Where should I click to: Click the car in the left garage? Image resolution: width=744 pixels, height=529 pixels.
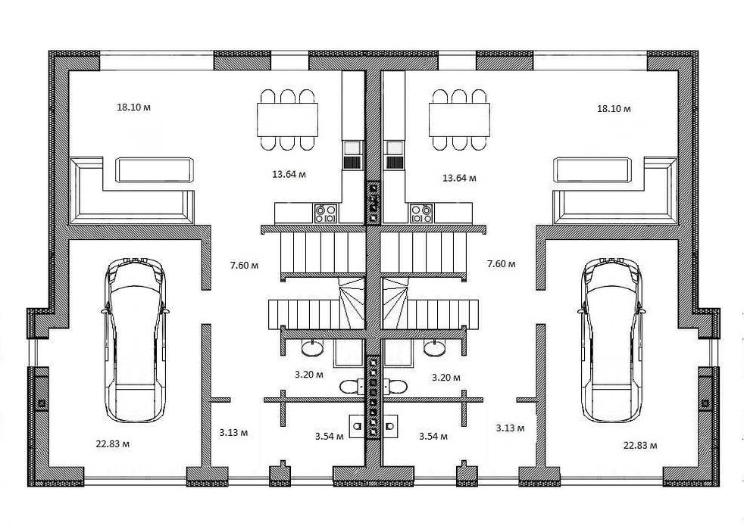pos(136,340)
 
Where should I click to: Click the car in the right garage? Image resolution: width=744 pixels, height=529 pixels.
pos(611,340)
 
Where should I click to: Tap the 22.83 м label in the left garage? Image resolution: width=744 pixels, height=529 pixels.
pos(113,443)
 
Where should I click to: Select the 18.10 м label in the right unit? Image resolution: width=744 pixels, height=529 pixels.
pos(614,108)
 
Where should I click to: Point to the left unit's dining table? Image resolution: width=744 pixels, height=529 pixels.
pos(288,119)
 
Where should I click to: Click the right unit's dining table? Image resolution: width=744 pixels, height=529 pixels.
pos(459,119)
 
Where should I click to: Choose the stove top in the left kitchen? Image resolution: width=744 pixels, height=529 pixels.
pos(326,213)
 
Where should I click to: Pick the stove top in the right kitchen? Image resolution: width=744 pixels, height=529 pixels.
pos(421,213)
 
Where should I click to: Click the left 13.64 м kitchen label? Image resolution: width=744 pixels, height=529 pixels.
pos(289,174)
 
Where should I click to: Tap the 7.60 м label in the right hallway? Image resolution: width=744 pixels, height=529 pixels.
pos(501,263)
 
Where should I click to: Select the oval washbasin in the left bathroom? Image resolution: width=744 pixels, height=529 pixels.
pos(313,348)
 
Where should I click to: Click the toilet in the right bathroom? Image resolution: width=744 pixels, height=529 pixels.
pos(395,386)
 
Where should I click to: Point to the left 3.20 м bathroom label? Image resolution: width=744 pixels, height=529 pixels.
pos(309,375)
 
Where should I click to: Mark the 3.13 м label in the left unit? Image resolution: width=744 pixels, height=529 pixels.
pos(233,432)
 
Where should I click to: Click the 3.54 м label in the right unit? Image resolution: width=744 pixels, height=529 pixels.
pos(433,436)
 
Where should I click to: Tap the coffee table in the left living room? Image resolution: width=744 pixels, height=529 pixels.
pos(155,170)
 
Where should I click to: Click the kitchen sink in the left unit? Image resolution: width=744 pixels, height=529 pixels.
pos(352,155)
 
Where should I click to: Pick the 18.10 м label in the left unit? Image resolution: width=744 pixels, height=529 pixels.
pos(134,107)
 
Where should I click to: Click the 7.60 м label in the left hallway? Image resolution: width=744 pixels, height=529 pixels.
pos(245,265)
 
